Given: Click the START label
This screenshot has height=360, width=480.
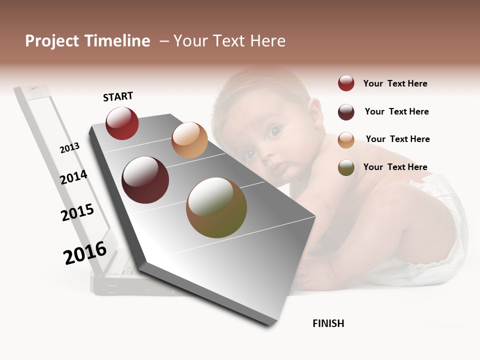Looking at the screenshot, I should pyautogui.click(x=118, y=96).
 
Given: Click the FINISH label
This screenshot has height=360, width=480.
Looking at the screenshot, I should pyautogui.click(x=328, y=323).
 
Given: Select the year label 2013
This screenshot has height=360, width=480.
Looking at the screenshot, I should pyautogui.click(x=69, y=148).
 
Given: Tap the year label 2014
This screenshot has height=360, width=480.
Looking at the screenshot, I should pyautogui.click(x=73, y=177).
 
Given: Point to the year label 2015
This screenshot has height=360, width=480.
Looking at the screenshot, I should pyautogui.click(x=77, y=212).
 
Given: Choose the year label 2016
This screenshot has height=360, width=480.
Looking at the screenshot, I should pyautogui.click(x=85, y=252).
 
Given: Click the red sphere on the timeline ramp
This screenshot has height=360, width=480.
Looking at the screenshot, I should pyautogui.click(x=122, y=123).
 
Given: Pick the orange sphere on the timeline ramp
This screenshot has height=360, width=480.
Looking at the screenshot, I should pyautogui.click(x=189, y=140).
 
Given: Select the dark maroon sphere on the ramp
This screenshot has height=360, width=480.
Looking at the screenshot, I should pyautogui.click(x=145, y=180).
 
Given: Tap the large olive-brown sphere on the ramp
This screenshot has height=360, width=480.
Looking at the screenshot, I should pyautogui.click(x=216, y=207).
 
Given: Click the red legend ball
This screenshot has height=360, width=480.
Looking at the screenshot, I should pyautogui.click(x=346, y=83).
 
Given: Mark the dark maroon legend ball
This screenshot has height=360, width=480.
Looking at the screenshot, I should pyautogui.click(x=346, y=112).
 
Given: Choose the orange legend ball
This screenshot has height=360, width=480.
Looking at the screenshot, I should pyautogui.click(x=346, y=140).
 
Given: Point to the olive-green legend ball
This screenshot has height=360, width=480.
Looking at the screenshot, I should pyautogui.click(x=346, y=167).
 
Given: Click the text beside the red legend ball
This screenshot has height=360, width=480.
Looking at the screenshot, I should pyautogui.click(x=395, y=83).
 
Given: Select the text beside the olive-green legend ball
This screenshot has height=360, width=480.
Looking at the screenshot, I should pyautogui.click(x=395, y=167).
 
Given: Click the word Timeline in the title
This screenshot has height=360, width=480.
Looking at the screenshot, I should pyautogui.click(x=117, y=41).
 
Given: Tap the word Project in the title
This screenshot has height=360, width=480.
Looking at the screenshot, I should pyautogui.click(x=52, y=41).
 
